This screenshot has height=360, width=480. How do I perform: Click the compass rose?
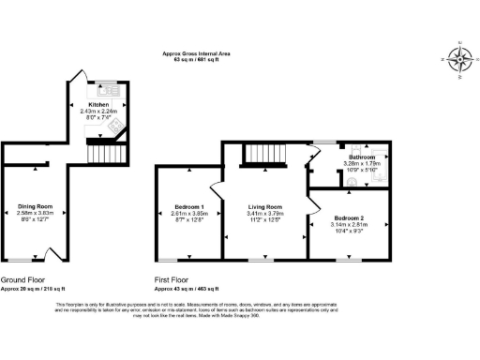pos(459,58)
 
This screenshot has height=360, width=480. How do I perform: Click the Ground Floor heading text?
pos(25,279)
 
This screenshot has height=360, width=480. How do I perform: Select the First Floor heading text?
pos(176,279)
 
